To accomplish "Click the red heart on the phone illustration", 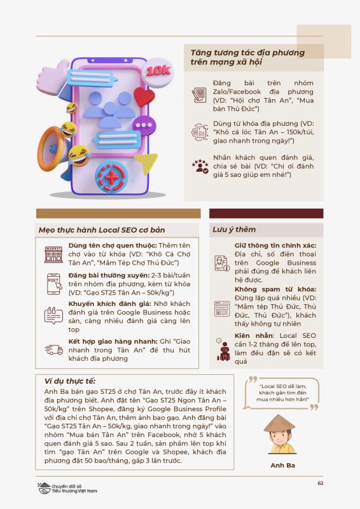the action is [144, 97].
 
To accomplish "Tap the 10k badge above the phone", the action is [158, 72].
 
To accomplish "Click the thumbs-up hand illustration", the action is [53, 77].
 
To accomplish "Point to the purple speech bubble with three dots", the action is [144, 125].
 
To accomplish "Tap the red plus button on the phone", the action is [111, 177].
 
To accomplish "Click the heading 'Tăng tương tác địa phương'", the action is [247, 53].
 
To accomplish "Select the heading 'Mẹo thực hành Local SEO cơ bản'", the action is [102, 230].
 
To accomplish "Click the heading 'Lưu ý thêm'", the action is [234, 230].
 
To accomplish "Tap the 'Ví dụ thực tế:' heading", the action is [70, 381].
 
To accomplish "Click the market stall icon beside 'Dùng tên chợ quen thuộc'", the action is [53, 254].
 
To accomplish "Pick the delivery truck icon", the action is [53, 349].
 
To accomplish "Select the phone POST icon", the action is [54, 284].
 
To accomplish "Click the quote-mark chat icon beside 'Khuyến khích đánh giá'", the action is [53, 316].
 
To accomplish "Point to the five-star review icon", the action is [200, 166].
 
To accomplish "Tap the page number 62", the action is [321, 483].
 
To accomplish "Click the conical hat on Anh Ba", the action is [279, 423].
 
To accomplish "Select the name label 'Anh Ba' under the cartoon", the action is [283, 465].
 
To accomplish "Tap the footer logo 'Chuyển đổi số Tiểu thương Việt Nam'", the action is [67, 488].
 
